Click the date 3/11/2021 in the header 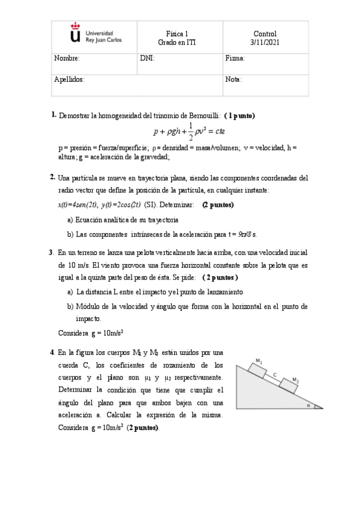pos(265,43)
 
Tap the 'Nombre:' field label pos(67,59)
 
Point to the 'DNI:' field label pos(147,59)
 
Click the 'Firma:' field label pos(235,59)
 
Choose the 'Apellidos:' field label pos(69,79)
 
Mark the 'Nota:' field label pos(233,79)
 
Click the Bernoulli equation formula pos(189,131)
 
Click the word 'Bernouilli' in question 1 pos(201,115)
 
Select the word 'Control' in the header pos(265,34)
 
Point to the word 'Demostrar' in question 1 pos(75,115)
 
